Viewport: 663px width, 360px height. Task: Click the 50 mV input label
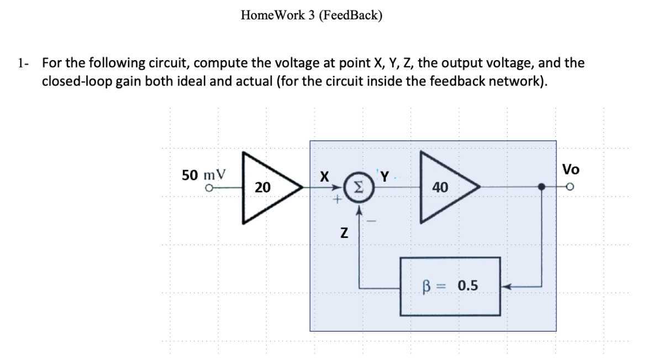[204, 175]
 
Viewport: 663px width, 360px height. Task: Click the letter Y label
[385, 177]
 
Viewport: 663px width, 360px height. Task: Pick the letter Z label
[344, 234]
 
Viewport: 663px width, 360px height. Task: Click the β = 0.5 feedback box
[450, 286]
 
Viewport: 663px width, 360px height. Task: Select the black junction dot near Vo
[542, 188]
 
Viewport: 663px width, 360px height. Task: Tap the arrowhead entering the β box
[506, 287]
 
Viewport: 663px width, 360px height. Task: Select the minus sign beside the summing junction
[371, 222]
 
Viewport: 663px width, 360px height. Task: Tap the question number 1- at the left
[23, 63]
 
